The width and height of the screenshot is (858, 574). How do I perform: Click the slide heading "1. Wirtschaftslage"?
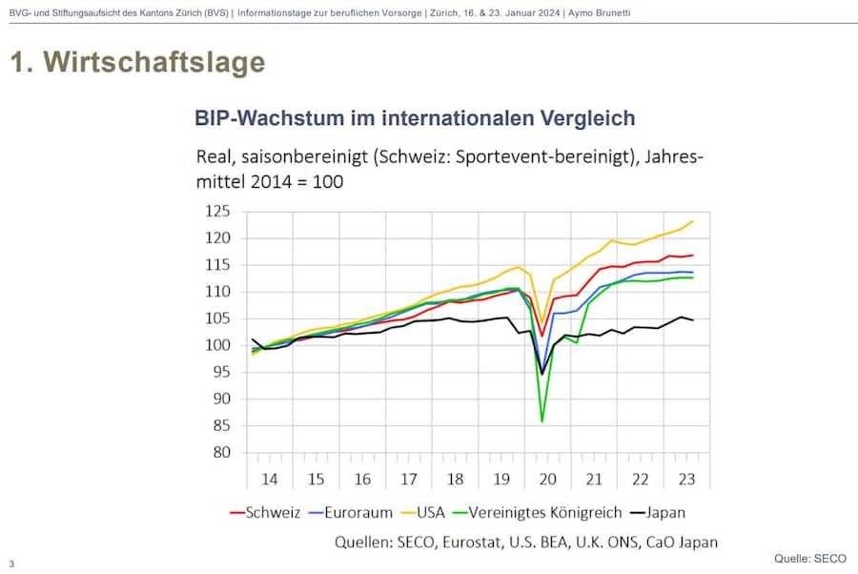pos(137,63)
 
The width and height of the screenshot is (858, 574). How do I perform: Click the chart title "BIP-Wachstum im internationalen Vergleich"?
pos(415,118)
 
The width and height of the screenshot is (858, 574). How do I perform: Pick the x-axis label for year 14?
pos(270,479)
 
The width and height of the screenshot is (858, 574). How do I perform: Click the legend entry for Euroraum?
pos(349,512)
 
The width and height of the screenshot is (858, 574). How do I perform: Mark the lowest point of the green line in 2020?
pos(542,421)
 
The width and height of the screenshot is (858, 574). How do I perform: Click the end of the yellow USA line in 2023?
pos(693,221)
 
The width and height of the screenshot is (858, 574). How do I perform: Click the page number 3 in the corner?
pos(11,564)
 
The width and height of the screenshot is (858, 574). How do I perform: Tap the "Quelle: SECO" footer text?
pos(809,557)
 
